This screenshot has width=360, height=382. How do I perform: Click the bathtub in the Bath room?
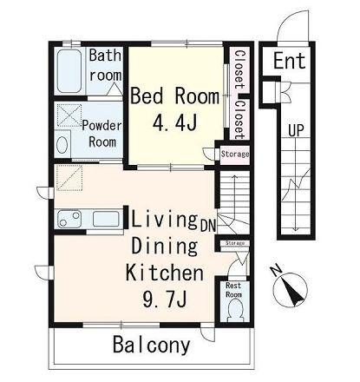coord(69,71)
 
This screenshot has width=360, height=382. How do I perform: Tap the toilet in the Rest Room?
coord(235,310)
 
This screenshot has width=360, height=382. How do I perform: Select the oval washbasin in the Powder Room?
coord(62,144)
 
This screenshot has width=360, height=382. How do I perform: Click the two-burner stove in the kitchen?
coord(69,219)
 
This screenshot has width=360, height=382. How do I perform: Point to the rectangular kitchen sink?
coord(106,219)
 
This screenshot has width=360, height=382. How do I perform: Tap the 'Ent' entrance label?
coord(290,61)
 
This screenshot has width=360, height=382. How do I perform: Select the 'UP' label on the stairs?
coord(296,130)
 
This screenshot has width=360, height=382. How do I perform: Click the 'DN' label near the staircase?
coord(208,226)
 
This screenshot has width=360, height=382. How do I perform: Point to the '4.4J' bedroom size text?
coord(175,122)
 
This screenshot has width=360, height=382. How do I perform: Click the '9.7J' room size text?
coord(164,299)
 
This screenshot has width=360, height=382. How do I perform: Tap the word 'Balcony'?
coord(152,345)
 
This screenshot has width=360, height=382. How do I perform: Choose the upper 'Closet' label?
coord(239,69)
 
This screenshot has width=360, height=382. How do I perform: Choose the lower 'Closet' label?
coord(239,119)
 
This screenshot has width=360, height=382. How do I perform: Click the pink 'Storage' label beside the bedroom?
coord(235,154)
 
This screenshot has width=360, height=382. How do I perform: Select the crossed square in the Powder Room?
coord(69,115)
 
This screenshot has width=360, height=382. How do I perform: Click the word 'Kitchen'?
coord(165,273)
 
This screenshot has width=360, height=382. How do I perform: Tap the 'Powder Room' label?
coord(102,134)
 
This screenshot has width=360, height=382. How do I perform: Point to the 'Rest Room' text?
coord(233,290)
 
